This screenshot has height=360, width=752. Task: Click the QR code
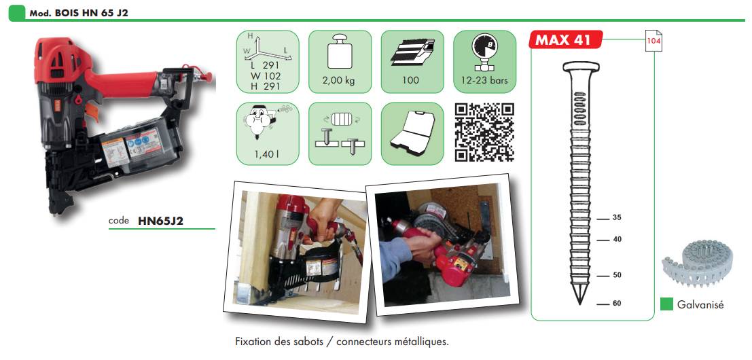click(x=484, y=132)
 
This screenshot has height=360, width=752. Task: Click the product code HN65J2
click(x=161, y=221)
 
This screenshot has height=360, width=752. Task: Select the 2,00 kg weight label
click(x=340, y=81)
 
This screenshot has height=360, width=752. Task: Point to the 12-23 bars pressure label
click(x=484, y=80)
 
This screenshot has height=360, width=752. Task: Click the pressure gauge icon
click(x=485, y=51)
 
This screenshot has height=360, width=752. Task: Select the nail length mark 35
click(x=617, y=218)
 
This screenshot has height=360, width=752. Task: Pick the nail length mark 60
click(x=617, y=304)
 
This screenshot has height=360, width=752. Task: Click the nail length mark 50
click(x=617, y=275)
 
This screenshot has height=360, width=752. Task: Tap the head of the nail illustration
click(x=579, y=67)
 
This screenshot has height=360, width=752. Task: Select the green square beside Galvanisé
click(x=666, y=304)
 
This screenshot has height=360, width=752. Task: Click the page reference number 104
click(x=653, y=41)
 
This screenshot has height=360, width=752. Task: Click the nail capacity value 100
click(x=412, y=81)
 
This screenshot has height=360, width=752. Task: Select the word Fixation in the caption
click(x=253, y=342)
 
